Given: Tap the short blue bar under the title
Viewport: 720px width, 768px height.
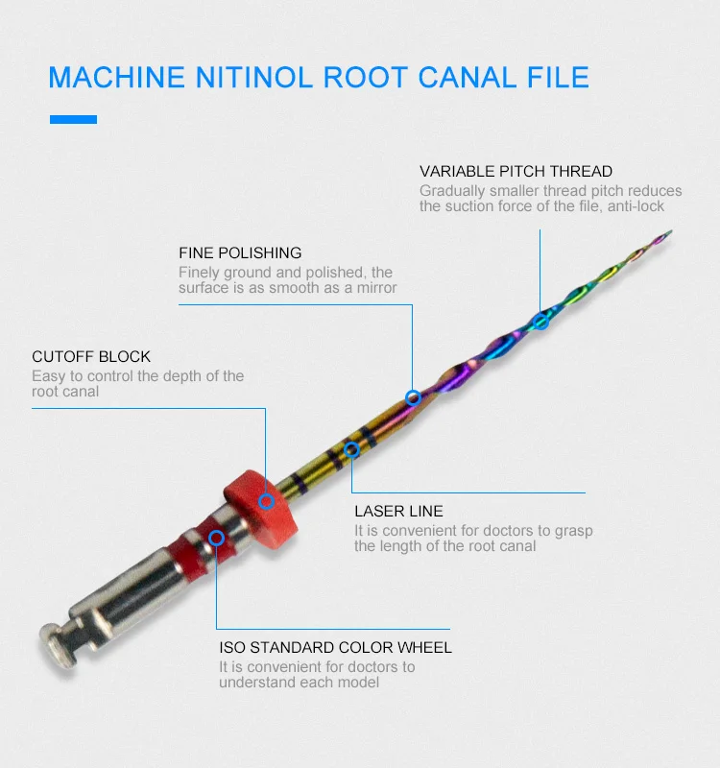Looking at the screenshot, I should [x=74, y=120].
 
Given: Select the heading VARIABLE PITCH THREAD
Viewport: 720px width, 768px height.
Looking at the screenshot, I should [x=516, y=172].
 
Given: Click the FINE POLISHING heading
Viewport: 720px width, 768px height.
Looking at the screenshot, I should [x=240, y=253].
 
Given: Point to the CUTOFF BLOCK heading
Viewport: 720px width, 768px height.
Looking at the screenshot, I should [x=91, y=357].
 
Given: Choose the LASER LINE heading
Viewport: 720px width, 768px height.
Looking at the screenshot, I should [x=398, y=512].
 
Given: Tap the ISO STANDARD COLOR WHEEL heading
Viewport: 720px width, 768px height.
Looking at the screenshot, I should [x=335, y=648].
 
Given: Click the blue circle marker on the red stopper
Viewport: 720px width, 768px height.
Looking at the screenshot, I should [x=267, y=500].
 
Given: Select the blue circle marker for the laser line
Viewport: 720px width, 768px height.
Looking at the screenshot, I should [x=351, y=448].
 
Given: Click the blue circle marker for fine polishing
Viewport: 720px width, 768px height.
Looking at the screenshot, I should [x=413, y=396].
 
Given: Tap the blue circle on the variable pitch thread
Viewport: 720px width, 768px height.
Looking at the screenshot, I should [x=540, y=320].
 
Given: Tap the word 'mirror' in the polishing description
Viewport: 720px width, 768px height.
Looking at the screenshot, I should [x=374, y=288].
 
